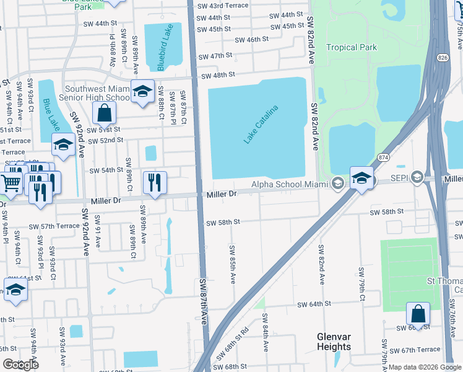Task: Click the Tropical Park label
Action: [352, 47]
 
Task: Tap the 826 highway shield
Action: [441, 57]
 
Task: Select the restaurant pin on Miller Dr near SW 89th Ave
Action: [154, 182]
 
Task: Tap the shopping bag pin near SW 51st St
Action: [104, 113]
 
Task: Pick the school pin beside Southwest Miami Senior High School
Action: [142, 92]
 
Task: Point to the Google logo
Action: [20, 365]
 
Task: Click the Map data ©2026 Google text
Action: [424, 367]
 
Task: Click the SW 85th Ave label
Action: [233, 265]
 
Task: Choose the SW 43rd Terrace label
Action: [223, 5]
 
